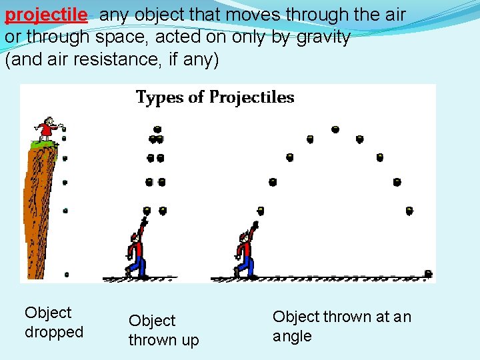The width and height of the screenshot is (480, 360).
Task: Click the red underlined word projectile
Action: (46, 15)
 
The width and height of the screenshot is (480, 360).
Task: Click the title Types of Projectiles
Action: (215, 97)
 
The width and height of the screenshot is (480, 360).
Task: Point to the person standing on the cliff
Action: (49, 128)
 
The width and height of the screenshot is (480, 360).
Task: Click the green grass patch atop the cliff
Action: (44, 143)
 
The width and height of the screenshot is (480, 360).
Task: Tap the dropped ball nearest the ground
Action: (66, 274)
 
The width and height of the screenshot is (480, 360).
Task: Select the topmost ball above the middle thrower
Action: (157, 128)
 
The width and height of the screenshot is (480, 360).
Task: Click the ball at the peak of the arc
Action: (335, 129)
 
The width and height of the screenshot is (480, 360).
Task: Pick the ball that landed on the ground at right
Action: (428, 273)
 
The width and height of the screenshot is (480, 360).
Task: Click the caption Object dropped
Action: (54, 322)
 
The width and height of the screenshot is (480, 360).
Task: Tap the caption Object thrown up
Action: (163, 330)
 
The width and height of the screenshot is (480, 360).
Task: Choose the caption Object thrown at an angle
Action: (342, 326)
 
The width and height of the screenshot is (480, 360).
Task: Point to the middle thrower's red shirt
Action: (138, 249)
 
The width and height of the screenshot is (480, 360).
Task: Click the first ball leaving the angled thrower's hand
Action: (261, 211)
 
